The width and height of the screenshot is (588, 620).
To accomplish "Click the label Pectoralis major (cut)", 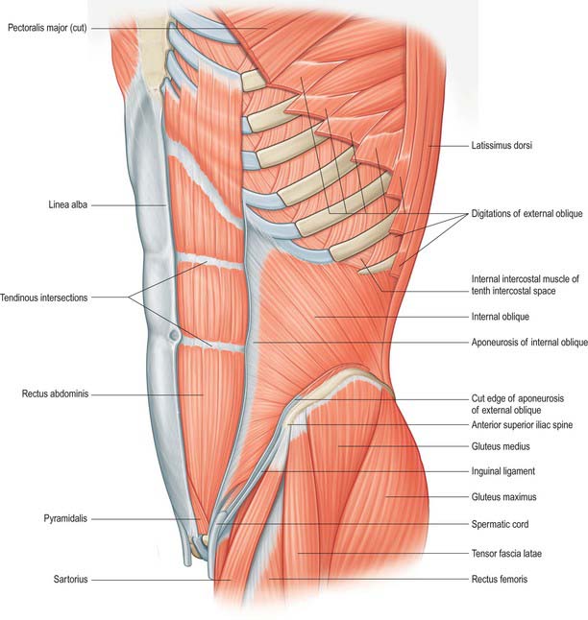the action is [47, 28].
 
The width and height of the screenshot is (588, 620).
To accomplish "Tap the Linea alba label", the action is [67, 204].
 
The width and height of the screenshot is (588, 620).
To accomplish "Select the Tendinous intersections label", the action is [43, 298].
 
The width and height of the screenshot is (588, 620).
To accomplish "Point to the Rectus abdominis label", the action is [55, 393].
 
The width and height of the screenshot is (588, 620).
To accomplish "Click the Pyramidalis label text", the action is [65, 518].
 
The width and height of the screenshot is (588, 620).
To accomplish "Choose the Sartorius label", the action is [70, 580].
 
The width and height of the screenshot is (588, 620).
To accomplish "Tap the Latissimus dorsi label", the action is [502, 146].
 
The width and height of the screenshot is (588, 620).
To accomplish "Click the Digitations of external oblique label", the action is [527, 213].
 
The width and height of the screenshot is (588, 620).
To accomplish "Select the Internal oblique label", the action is [501, 317].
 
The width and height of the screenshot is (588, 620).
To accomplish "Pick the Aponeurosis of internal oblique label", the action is [529, 342].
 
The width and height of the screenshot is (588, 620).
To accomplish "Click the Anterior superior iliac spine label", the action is [522, 425].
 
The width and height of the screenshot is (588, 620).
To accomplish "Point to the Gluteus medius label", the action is [501, 446].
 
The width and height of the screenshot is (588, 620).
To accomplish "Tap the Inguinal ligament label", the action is [502, 471].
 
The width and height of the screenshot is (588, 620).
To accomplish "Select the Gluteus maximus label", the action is [503, 496].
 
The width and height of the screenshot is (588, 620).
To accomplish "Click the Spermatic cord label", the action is [500, 524].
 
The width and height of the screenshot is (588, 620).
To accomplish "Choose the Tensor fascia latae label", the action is [506, 554].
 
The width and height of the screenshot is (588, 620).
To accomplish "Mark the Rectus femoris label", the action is [500, 580].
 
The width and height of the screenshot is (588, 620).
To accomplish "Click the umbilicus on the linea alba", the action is [174, 336].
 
